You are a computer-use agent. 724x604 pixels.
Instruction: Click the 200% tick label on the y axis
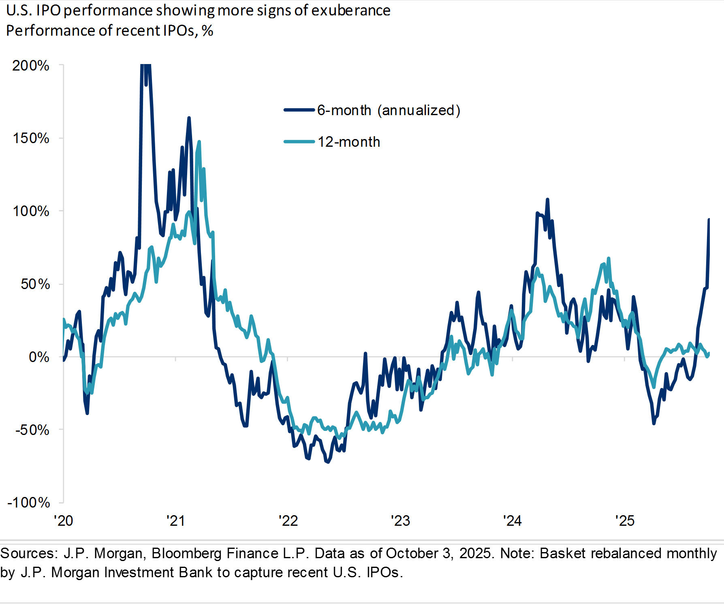click(31, 65)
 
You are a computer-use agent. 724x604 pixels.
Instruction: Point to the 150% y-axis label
click(31, 138)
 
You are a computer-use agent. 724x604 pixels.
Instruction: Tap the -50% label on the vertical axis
click(32, 430)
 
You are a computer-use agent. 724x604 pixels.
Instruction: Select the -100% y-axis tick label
click(28, 503)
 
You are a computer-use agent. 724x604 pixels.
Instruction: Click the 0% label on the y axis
click(39, 357)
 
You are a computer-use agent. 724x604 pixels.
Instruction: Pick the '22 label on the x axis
click(288, 520)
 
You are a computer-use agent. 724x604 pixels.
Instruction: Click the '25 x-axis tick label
click(625, 520)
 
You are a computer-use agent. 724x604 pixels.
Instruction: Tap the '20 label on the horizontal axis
click(64, 520)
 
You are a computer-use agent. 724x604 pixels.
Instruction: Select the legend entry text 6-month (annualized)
click(389, 110)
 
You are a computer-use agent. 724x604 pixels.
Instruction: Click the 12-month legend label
click(349, 142)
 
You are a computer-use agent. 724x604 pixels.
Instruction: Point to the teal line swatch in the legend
click(299, 141)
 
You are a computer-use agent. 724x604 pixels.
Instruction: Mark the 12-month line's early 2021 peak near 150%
click(199, 142)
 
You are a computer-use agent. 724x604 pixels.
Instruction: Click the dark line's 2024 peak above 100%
click(547, 199)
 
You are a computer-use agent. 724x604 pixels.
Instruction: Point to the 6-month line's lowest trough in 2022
click(327, 462)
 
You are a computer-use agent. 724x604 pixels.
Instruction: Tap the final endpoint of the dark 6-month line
click(709, 219)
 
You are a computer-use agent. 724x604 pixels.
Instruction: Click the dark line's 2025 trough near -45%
click(654, 423)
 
